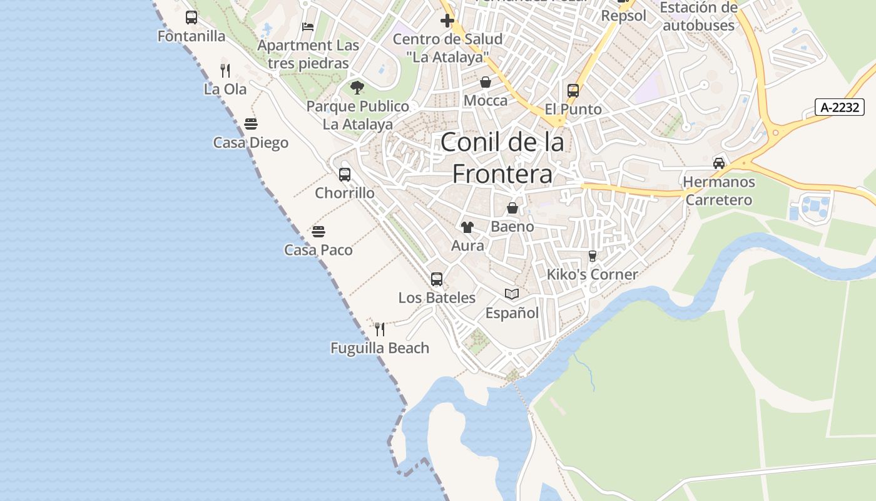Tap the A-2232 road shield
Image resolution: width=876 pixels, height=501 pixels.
pos(839,107)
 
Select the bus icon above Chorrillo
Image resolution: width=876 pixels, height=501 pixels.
pos(345,175)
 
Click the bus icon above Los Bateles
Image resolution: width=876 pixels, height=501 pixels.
pos(437,279)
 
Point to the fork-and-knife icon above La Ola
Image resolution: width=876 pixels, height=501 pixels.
pos(225,71)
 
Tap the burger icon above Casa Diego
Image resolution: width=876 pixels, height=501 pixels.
pos(251,124)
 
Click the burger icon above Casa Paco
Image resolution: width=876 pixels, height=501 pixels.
pos(318,232)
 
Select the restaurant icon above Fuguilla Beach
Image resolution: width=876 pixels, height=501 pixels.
pos(380,329)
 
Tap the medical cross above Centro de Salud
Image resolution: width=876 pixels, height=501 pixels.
pos(447,21)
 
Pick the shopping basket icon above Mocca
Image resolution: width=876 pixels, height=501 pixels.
pos(486,82)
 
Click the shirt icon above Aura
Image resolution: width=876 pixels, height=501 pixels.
pos(467,227)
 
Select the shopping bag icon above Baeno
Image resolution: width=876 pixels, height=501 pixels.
pos(512,208)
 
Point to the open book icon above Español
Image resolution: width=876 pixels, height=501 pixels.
pos(512,294)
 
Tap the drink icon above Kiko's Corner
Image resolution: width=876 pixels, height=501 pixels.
pos(593,256)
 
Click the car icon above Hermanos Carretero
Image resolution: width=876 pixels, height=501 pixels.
pos(719,163)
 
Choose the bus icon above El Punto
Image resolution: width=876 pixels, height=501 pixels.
pos(573,91)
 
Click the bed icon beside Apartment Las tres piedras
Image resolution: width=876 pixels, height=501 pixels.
pos(308,26)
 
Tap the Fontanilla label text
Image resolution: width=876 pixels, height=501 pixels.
pos(191,36)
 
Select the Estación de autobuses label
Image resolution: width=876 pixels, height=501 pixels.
pos(699,17)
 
